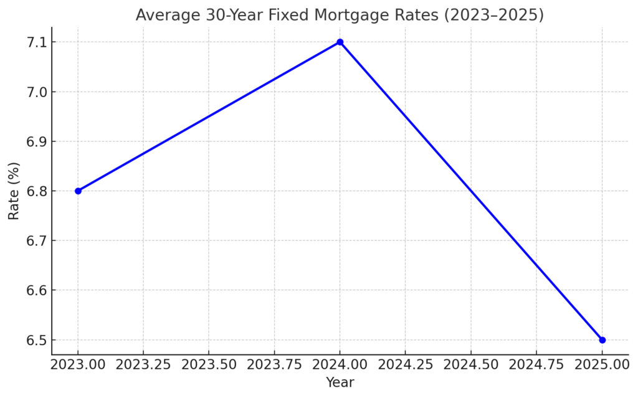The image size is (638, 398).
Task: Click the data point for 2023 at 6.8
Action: pos(78,191)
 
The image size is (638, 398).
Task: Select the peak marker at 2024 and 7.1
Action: pos(340,42)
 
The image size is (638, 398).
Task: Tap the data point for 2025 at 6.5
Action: pos(602,340)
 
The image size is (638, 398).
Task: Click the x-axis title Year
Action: pos(340,382)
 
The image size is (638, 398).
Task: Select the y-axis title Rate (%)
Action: pos(14,191)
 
